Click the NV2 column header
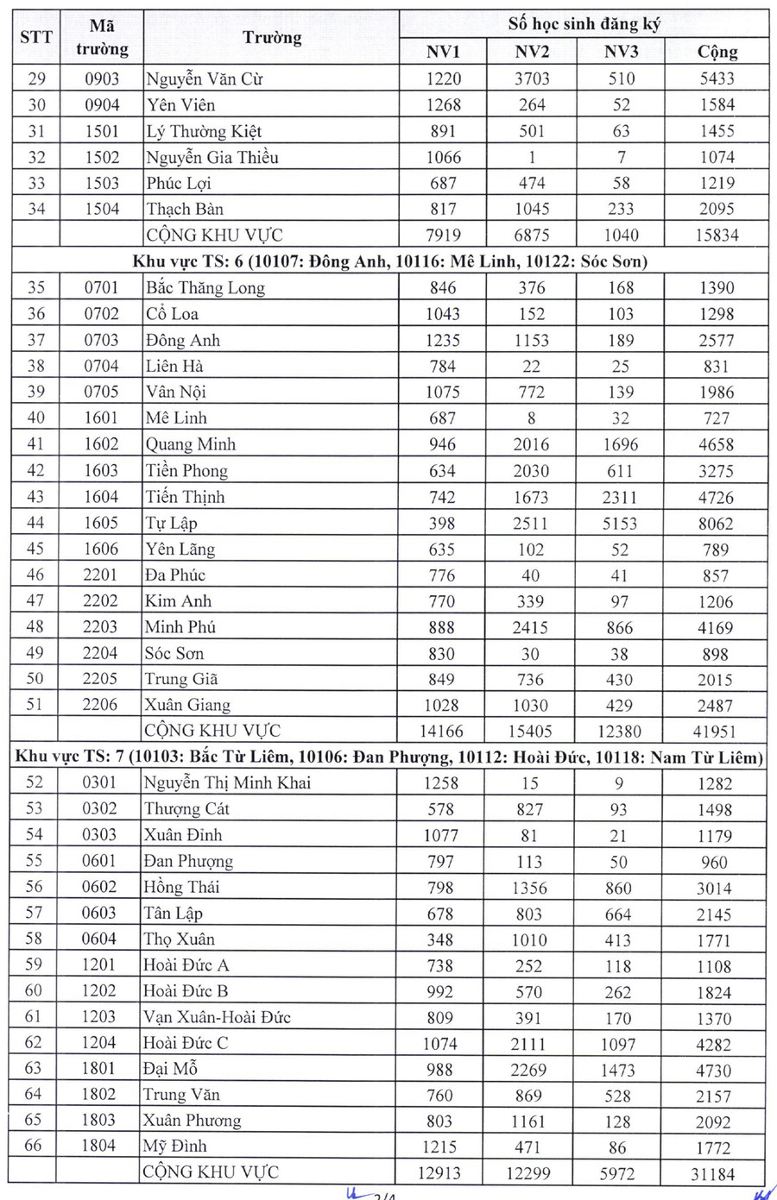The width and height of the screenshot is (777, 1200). [532, 52]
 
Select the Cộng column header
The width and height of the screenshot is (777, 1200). [717, 52]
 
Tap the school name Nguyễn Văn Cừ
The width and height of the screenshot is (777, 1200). [204, 79]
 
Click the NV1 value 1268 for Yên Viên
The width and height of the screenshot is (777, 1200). [443, 105]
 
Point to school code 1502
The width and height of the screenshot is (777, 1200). [102, 157]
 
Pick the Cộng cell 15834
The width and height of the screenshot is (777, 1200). [717, 235]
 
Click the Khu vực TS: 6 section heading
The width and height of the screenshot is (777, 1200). [389, 261]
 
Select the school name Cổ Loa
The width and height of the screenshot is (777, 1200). [172, 314]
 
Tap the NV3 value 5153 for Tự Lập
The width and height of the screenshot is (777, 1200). [621, 523]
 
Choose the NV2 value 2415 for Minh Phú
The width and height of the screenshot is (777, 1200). [531, 627]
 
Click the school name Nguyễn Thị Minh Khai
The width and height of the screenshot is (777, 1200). [227, 783]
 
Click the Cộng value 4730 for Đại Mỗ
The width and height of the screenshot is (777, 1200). [714, 1071]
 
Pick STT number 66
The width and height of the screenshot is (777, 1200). [34, 1147]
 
